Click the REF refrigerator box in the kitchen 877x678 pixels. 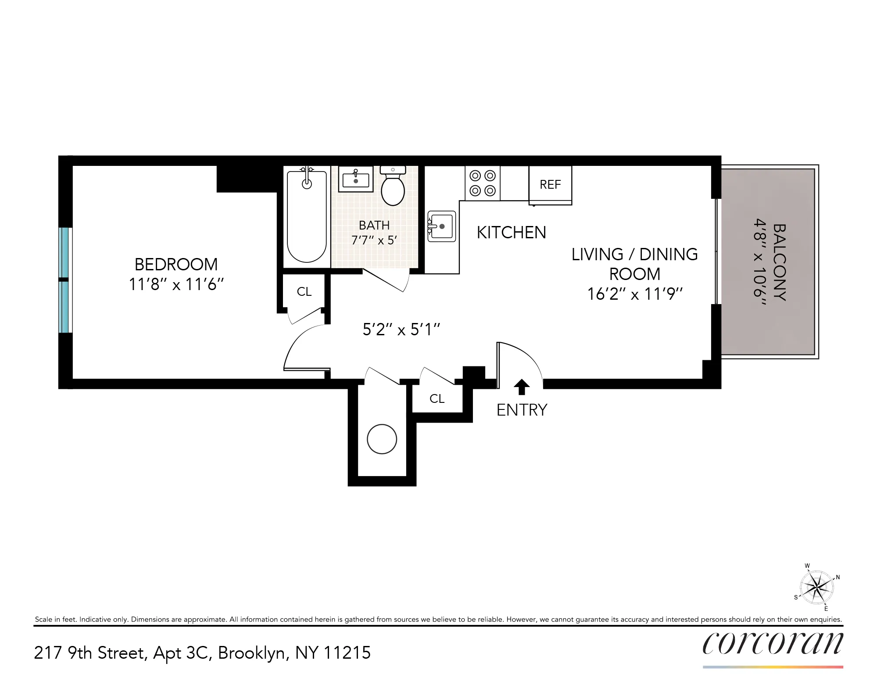click(550, 184)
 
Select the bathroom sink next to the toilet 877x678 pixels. click(355, 179)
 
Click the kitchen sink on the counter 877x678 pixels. click(442, 226)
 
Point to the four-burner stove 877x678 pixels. click(483, 183)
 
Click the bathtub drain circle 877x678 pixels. click(307, 184)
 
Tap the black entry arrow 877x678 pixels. click(522, 387)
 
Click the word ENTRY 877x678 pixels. click(522, 410)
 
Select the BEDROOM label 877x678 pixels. click(176, 265)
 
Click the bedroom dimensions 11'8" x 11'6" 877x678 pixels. click(176, 284)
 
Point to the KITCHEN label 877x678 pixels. click(511, 233)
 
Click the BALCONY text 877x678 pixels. click(779, 262)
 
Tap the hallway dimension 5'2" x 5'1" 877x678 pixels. click(401, 330)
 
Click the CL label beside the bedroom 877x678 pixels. click(304, 292)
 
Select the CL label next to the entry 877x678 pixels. click(437, 398)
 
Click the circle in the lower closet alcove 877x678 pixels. click(382, 439)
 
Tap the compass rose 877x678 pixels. click(816, 587)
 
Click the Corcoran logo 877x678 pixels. click(773, 643)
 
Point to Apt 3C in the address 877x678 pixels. click(183, 653)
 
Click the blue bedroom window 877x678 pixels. click(64, 280)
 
